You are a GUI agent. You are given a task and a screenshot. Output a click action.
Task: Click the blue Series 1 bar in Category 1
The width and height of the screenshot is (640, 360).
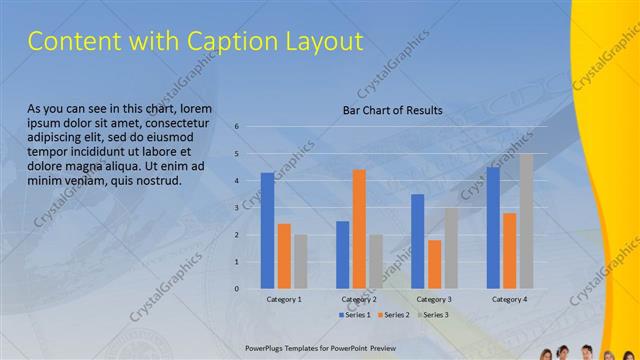pos(267,231)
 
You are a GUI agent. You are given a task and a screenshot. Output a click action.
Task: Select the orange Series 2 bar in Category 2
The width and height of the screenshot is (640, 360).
pos(359,229)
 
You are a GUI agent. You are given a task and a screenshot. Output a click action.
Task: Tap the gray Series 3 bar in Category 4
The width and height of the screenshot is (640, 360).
pos(526,221)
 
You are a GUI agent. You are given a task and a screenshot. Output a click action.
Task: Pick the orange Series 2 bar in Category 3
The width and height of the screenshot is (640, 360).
pos(434,264)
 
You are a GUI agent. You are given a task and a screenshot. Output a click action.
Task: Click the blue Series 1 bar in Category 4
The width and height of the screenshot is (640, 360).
pos(493,228)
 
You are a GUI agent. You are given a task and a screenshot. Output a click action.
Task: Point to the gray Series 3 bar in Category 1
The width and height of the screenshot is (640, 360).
pos(301,262)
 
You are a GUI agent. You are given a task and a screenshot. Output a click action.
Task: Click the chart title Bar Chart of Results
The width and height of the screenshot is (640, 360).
pos(392,110)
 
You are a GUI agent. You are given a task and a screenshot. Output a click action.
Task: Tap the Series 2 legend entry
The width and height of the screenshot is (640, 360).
pos(394,315)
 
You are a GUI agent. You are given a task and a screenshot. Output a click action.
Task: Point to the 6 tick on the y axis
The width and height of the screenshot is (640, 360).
pos(237,127)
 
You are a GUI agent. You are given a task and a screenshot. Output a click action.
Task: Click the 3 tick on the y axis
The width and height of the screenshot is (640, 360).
pos(237,208)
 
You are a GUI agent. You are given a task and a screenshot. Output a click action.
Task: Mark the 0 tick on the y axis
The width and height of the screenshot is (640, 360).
pos(237,288)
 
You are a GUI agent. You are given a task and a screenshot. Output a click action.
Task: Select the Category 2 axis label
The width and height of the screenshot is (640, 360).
pos(359,299)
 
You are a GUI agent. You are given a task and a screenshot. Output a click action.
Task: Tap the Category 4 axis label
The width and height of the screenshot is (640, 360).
pos(509,299)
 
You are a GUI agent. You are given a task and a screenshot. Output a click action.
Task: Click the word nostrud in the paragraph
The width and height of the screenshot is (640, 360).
pos(155,181)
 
